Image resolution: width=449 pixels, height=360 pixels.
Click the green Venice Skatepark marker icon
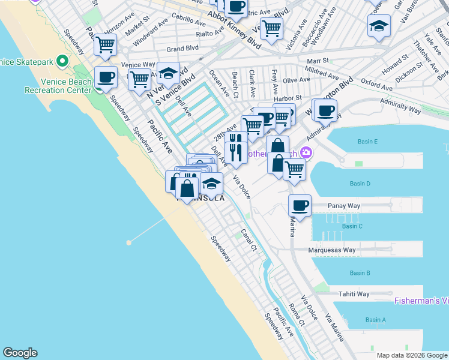pos(61,61)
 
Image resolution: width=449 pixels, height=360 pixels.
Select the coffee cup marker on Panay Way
pos(300,206)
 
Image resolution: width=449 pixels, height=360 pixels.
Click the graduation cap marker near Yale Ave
pos(379,26)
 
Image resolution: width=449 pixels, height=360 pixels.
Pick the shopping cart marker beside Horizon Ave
pos(105,44)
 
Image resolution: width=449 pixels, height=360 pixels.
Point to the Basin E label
pos(367,142)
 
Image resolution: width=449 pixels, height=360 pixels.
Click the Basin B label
pos(360,273)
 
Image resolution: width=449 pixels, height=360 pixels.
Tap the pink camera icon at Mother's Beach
pos(307,152)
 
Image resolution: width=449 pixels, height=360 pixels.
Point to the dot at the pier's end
pos(128,242)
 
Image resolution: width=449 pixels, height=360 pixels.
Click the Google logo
pos(20,353)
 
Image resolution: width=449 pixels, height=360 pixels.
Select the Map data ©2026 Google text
pos(411,355)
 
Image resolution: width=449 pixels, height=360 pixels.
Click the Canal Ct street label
pos(249,239)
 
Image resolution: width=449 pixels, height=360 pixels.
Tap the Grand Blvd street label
pos(182,48)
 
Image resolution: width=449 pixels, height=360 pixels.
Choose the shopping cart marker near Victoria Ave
pos(272,28)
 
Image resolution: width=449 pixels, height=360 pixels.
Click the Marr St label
pos(318,61)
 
